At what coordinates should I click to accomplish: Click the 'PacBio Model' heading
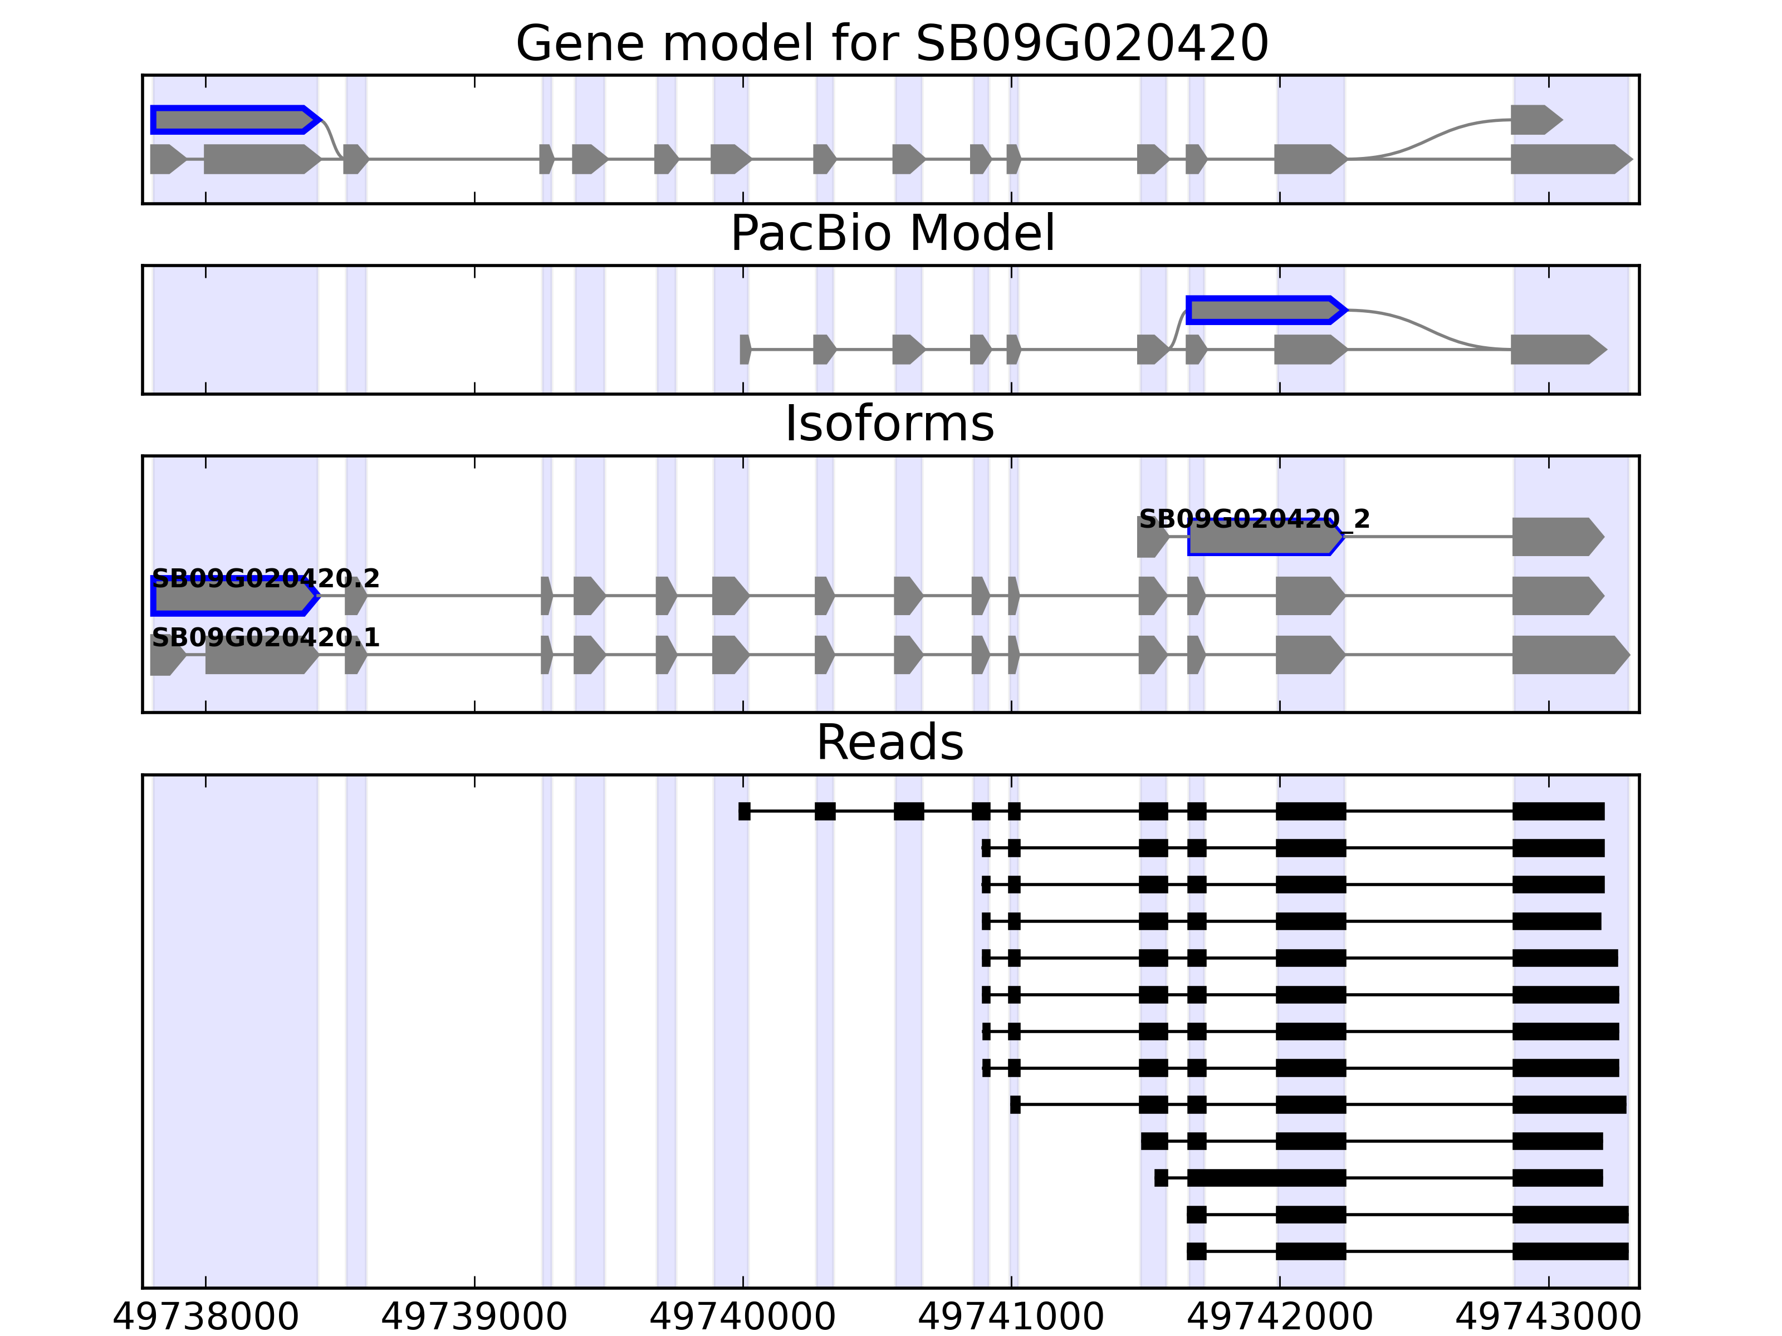(892, 234)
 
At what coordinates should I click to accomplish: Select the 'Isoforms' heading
(889, 424)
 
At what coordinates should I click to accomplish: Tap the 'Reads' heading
(889, 743)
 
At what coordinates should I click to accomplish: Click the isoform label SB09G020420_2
(1254, 519)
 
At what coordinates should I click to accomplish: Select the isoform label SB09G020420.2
(265, 578)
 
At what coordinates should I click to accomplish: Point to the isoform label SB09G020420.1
(265, 638)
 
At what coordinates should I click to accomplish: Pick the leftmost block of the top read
(745, 811)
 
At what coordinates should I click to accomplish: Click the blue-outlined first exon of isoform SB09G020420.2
(234, 597)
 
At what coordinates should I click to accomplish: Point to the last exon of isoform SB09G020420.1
(1569, 655)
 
